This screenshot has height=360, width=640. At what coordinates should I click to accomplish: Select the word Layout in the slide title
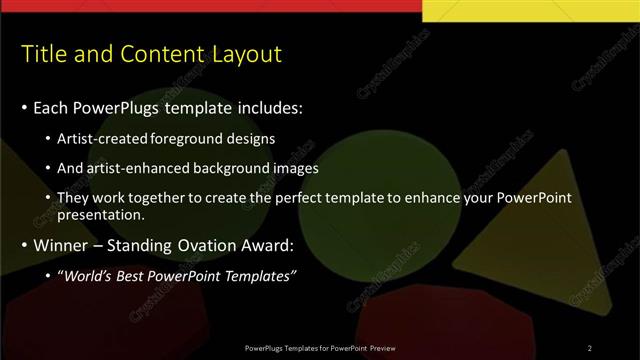[x=245, y=53]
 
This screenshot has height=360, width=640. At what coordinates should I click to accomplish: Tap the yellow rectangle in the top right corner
[x=531, y=10]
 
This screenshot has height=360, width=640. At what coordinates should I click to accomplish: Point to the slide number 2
[x=590, y=347]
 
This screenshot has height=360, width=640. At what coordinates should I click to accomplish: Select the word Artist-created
[x=98, y=138]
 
